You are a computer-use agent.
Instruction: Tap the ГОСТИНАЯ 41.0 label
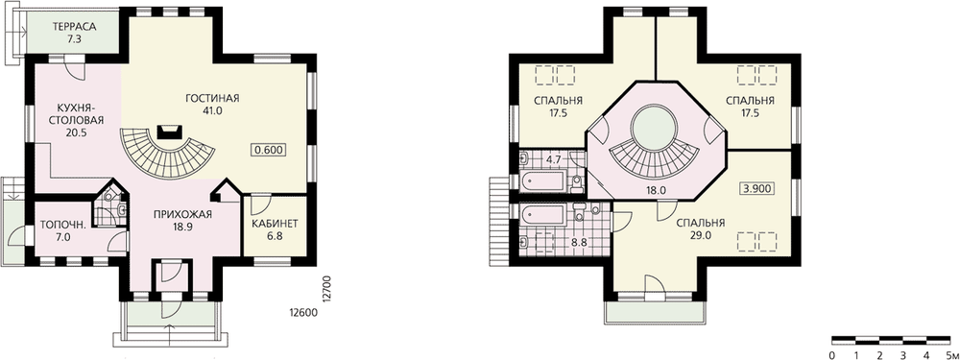tap(213, 104)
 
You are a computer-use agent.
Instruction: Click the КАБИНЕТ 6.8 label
tap(275, 229)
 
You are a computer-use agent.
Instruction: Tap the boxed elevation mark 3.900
tap(757, 189)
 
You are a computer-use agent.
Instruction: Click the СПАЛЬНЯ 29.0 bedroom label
tap(701, 229)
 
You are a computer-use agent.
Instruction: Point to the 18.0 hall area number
tap(655, 190)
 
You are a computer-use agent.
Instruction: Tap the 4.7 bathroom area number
tap(554, 160)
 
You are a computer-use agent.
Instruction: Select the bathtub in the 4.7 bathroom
tap(541, 181)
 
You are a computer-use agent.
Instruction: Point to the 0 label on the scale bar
tap(831, 354)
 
